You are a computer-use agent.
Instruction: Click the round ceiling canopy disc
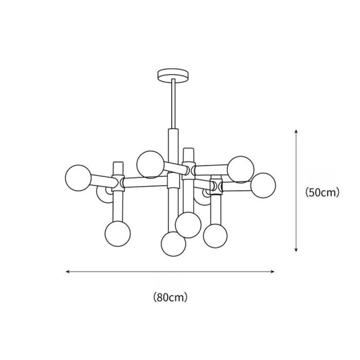pyautogui.click(x=173, y=76)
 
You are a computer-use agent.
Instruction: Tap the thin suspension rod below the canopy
pyautogui.click(x=173, y=103)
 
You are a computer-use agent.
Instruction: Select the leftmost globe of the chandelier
pyautogui.click(x=78, y=178)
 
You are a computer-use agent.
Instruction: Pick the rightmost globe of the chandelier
pyautogui.click(x=263, y=185)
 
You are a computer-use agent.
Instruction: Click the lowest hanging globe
pyautogui.click(x=173, y=244)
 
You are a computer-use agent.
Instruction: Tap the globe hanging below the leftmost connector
pyautogui.click(x=118, y=234)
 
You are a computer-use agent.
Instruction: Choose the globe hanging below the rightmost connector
pyautogui.click(x=215, y=236)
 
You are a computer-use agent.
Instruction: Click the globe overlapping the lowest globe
pyautogui.click(x=188, y=225)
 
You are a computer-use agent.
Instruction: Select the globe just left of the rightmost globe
pyautogui.click(x=241, y=169)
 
